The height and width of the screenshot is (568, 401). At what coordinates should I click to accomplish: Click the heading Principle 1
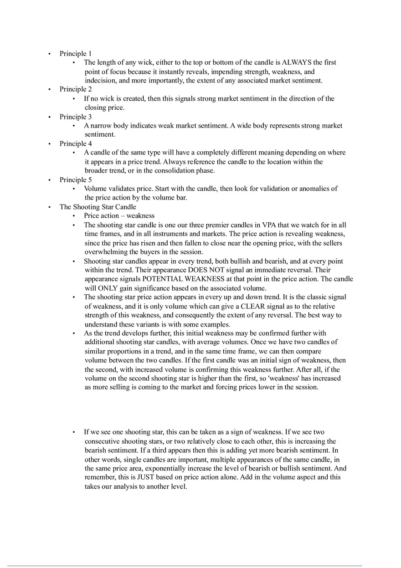75,53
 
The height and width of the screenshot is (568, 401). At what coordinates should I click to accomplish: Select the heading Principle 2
75,89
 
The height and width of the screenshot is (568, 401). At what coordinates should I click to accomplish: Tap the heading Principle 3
75,117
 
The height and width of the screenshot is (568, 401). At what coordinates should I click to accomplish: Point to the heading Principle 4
75,143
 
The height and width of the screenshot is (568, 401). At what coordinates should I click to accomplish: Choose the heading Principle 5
75,179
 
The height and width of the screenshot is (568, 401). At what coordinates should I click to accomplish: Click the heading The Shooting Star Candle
98,207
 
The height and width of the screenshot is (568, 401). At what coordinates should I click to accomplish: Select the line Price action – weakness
119,215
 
